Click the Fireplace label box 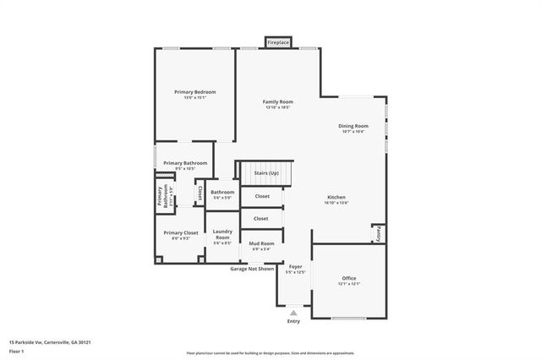[x=277, y=41]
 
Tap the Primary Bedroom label [x=195, y=92]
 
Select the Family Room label [x=277, y=102]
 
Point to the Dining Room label [x=353, y=126]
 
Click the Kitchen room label [x=336, y=198]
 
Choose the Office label [x=349, y=278]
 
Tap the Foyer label [x=295, y=267]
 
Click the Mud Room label [x=260, y=244]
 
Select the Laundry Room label [x=222, y=234]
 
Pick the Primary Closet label [x=180, y=232]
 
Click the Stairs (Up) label [x=266, y=172]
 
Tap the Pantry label [x=379, y=233]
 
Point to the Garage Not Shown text [x=253, y=269]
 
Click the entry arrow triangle [x=294, y=313]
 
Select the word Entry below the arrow [x=293, y=321]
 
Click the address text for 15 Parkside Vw [x=50, y=342]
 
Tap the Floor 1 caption [x=16, y=351]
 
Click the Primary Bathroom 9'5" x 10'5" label [x=184, y=166]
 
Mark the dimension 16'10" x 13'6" [x=336, y=203]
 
